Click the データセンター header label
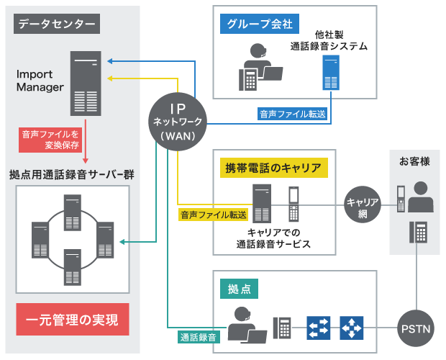(x=57, y=24)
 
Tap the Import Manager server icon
(x=85, y=83)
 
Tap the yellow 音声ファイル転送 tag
(x=213, y=215)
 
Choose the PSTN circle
(x=416, y=330)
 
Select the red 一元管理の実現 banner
(x=72, y=319)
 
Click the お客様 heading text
(x=415, y=161)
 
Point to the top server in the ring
(x=72, y=209)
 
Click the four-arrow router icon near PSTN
(x=352, y=328)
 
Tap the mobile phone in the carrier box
(x=293, y=204)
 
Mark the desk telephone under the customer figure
(x=417, y=233)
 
